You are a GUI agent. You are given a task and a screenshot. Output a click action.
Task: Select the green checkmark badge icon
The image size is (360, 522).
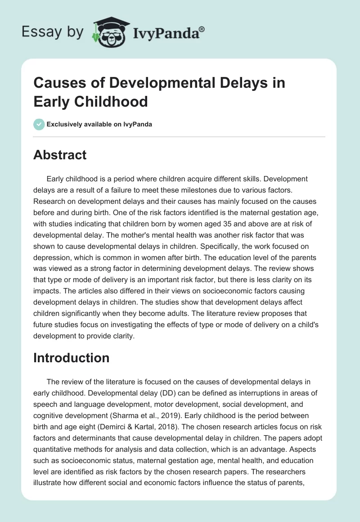pyautogui.click(x=39, y=124)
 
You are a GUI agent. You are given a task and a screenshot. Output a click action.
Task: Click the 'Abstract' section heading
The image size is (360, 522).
pyautogui.click(x=60, y=155)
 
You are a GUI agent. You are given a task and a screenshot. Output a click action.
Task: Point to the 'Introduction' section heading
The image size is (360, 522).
pyautogui.click(x=72, y=358)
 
